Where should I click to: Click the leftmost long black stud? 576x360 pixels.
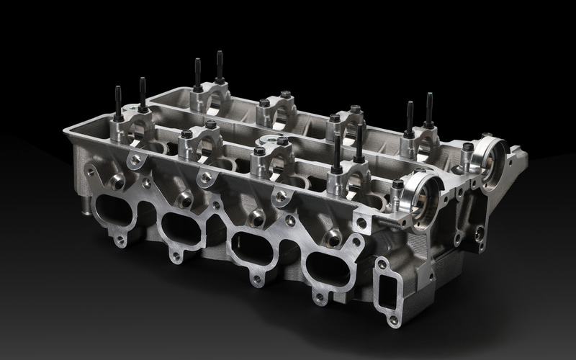pos(118,104)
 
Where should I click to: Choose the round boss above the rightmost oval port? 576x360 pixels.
pos(333,237)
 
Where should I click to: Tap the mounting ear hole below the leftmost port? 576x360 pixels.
pos(120,240)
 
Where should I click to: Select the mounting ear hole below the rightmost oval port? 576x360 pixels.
pos(319,296)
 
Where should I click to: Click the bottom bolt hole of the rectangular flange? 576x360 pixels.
pos(393,319)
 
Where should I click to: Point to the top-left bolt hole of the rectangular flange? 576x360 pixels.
pos(382,264)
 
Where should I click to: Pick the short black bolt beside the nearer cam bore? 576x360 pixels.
pos(397,185)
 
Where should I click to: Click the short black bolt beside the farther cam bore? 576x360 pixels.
pos(468,148)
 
